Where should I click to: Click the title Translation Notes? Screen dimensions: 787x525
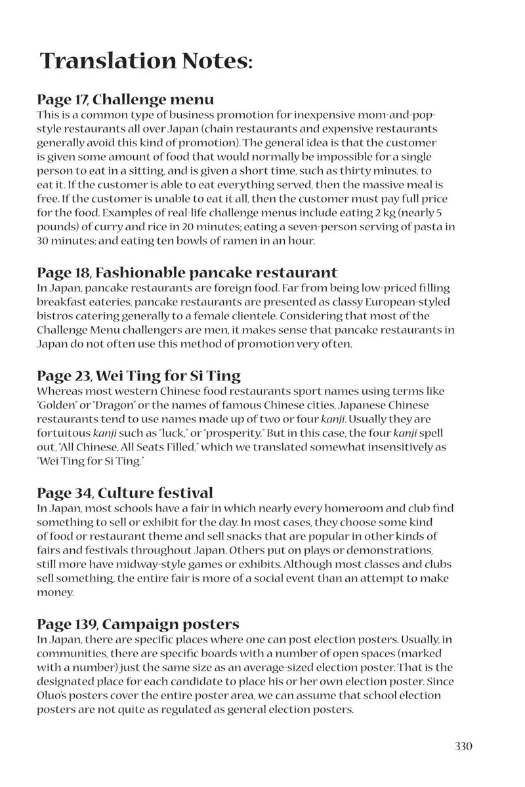[146, 61]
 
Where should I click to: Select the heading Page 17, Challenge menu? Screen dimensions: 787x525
[125, 100]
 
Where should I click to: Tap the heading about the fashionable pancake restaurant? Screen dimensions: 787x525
[187, 272]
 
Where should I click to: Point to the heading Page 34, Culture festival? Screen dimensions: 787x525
[125, 493]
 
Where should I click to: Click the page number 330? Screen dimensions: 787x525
[463, 746]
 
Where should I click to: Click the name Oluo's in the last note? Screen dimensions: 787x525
[54, 695]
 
